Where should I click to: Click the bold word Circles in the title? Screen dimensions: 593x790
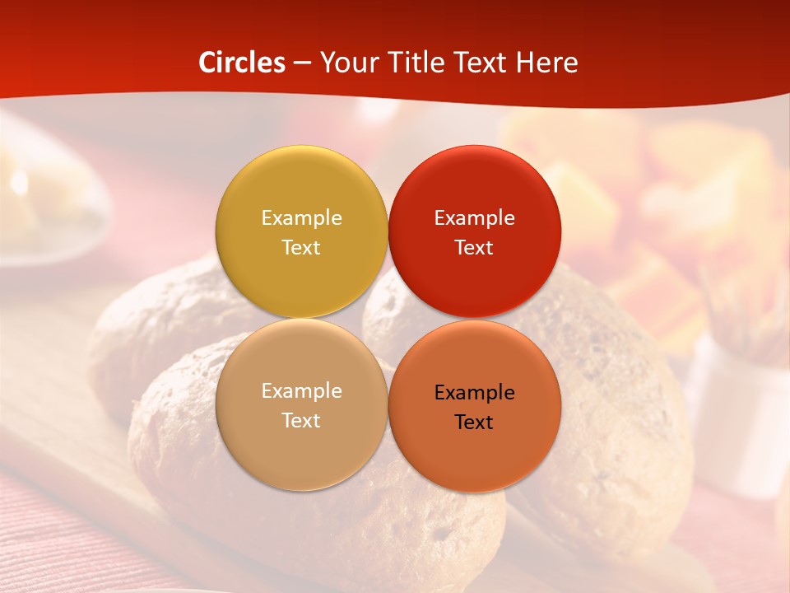[x=242, y=63]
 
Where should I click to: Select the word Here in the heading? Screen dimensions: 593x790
[x=545, y=63]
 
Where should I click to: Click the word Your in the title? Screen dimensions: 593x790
[x=347, y=63]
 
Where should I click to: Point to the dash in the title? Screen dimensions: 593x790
[x=302, y=63]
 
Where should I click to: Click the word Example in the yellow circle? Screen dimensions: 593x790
[x=301, y=217]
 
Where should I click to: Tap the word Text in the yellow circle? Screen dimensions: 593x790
[x=301, y=247]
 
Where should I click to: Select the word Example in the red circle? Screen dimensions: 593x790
[x=474, y=217]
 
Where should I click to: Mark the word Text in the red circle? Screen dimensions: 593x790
[x=474, y=247]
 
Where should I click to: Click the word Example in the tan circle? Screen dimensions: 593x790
[x=301, y=390]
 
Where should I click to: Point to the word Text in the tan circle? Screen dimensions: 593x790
[x=301, y=420]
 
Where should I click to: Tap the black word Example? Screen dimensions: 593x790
[x=474, y=392]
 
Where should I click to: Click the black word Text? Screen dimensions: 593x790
[x=474, y=422]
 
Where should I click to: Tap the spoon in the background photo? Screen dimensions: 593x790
[x=49, y=198]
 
